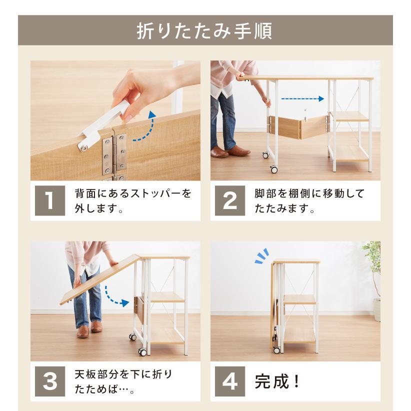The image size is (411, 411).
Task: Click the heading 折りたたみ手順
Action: point(204,31)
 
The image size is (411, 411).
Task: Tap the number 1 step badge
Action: point(50,200)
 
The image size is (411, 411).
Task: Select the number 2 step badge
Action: point(230,200)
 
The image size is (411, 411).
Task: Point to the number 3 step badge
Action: point(50,381)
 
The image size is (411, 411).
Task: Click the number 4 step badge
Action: point(230,381)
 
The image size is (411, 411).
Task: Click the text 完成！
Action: point(277,381)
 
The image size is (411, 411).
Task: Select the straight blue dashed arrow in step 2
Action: point(302,99)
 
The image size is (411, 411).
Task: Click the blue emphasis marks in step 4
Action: point(262,256)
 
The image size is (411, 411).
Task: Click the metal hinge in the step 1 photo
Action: point(114,154)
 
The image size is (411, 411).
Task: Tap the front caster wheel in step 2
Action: point(273,169)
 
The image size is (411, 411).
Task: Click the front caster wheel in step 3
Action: point(142,352)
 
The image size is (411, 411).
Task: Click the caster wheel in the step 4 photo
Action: point(276,349)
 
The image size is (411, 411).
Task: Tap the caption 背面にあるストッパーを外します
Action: point(133,201)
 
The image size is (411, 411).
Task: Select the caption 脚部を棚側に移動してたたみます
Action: point(309,201)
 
